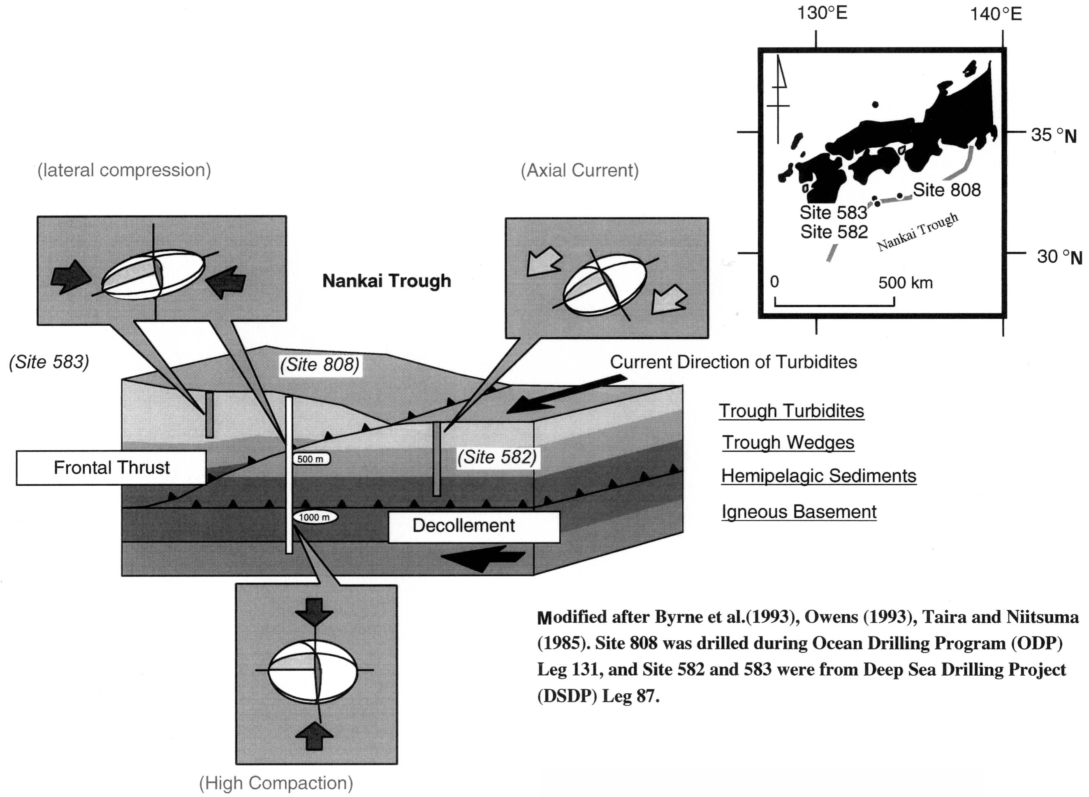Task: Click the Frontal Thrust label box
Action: tap(111, 468)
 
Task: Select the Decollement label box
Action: tap(473, 526)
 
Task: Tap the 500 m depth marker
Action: tap(311, 459)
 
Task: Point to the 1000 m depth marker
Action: tap(315, 517)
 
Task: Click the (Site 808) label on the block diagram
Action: tap(320, 365)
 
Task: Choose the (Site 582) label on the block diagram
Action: tap(497, 457)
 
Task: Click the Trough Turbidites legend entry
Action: tap(791, 411)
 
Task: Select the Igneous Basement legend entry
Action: tap(799, 512)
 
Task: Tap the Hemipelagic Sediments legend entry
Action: tap(818, 476)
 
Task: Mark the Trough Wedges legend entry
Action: tap(788, 443)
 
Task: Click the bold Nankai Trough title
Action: tap(387, 281)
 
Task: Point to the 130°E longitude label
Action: tap(822, 13)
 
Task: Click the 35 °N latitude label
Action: tap(1053, 135)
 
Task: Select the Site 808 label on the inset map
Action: tap(947, 190)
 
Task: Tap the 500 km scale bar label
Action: tap(905, 283)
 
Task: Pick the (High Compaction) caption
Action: tap(276, 783)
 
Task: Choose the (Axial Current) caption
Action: tap(579, 170)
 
